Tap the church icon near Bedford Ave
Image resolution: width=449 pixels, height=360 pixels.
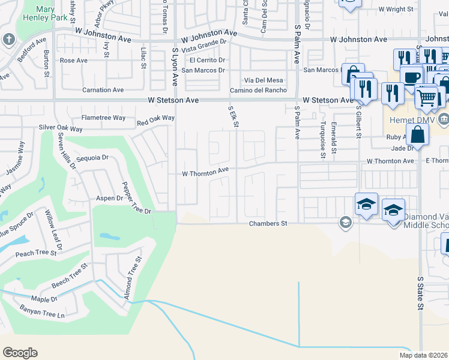(9, 40)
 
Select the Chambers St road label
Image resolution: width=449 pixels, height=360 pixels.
(268, 223)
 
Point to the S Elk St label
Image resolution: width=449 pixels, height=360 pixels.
(234, 117)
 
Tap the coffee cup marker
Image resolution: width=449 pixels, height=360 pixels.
(412, 78)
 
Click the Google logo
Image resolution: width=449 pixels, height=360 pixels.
(20, 353)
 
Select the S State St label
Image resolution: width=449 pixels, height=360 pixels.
(421, 293)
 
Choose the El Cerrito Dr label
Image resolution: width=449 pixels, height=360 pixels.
(207, 61)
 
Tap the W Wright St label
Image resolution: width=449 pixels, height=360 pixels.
(396, 10)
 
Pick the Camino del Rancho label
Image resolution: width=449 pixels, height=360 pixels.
(258, 91)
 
